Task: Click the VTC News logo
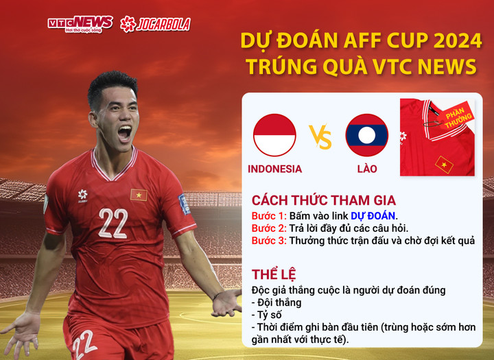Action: click(80, 24)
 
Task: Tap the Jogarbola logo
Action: click(155, 24)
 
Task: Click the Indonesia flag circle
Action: click(274, 135)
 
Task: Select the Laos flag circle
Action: click(366, 135)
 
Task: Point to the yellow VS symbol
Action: click(320, 136)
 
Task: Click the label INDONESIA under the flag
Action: click(274, 169)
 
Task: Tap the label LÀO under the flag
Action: click(366, 169)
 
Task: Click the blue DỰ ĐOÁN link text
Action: click(373, 215)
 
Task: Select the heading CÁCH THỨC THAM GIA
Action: click(323, 200)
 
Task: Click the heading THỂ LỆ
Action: click(274, 275)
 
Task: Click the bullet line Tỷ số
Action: click(271, 315)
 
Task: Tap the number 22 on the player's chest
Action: click(113, 224)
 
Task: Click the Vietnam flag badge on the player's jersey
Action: click(139, 195)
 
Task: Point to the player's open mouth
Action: click(123, 132)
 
